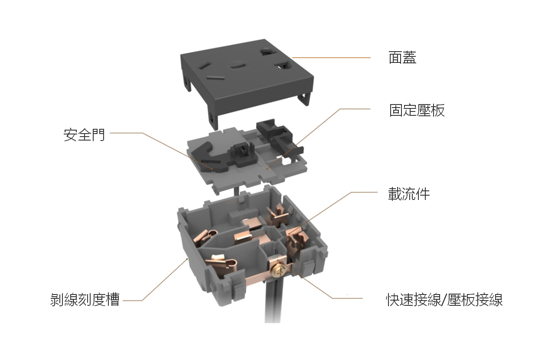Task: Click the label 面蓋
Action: click(402, 58)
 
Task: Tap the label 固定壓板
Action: click(417, 110)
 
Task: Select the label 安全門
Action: click(84, 134)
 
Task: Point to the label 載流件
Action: click(409, 194)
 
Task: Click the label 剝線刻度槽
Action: click(85, 300)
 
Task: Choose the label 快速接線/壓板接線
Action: click(444, 300)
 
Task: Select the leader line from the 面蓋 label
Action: click(331, 58)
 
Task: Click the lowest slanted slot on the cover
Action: click(215, 78)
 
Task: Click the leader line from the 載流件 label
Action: click(333, 213)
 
